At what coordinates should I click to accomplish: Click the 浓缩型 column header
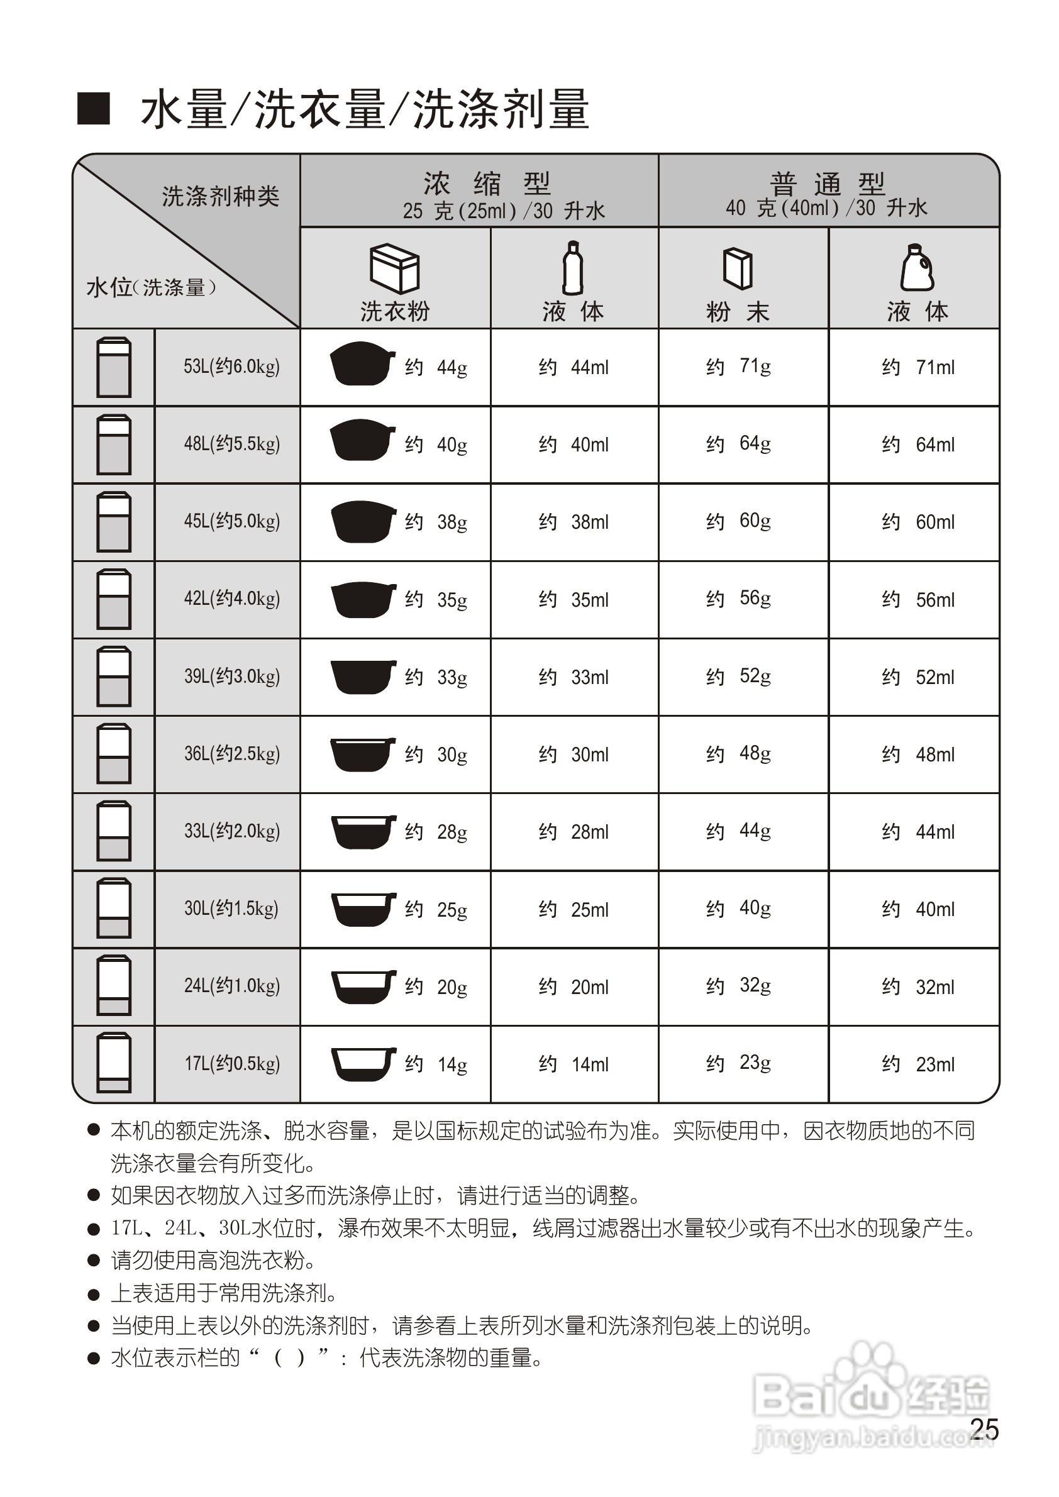[486, 184]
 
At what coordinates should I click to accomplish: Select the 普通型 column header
[827, 184]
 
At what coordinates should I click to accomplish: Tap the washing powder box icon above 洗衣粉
[394, 268]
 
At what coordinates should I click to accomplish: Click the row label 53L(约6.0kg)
[231, 367]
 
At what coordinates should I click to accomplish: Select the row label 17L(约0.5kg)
[231, 1063]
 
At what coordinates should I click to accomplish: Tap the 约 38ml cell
[574, 522]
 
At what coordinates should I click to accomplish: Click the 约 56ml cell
[918, 599]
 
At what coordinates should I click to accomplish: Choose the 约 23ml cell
[918, 1064]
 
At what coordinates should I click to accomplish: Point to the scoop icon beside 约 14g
[363, 1063]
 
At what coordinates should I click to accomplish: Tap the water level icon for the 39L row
[113, 677]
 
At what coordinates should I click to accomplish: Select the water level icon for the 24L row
[113, 986]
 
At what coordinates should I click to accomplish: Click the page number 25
[984, 1429]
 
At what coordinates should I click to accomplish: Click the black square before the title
[93, 109]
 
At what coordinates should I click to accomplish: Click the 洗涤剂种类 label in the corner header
[220, 196]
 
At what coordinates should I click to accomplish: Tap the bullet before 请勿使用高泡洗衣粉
[94, 1261]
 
